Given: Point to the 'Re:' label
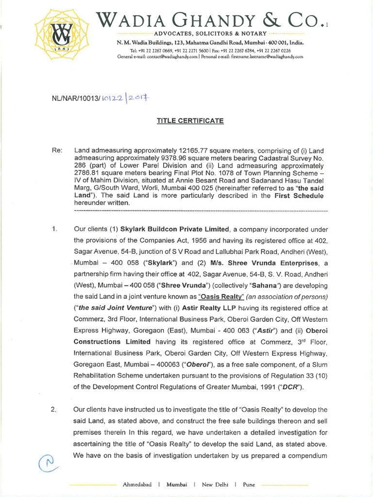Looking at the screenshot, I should tap(57, 150).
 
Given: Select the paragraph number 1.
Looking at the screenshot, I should tap(54, 229).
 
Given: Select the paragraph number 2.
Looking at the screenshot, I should tap(54, 410).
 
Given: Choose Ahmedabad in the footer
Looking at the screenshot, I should tap(137, 484).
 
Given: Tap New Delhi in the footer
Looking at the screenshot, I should tap(214, 484).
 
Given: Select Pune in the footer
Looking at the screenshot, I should tap(249, 484).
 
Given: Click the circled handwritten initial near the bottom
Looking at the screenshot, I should tap(49, 462).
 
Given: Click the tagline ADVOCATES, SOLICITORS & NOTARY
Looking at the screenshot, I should tap(210, 33).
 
